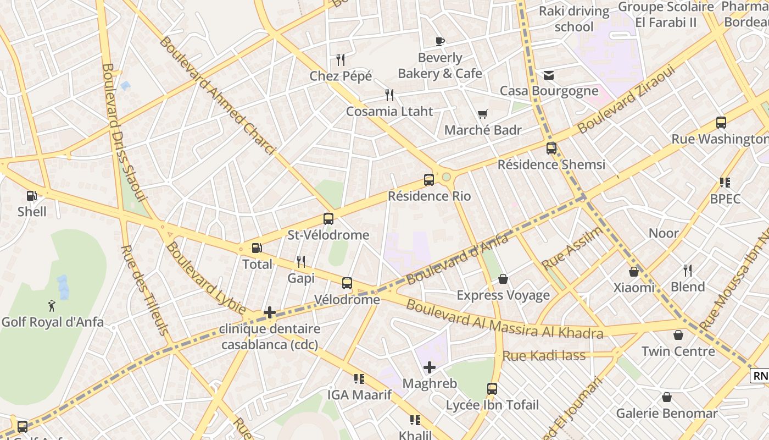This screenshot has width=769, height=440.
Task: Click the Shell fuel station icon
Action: tap(32, 196)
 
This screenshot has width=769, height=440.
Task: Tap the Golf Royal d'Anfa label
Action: tap(52, 322)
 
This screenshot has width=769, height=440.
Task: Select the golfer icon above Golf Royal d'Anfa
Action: tap(52, 306)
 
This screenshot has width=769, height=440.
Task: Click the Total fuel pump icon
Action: tap(257, 248)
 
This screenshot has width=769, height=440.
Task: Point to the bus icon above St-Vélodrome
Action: tap(328, 219)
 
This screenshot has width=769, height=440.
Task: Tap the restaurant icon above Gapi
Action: tap(301, 262)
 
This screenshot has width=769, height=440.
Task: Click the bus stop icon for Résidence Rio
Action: tap(429, 180)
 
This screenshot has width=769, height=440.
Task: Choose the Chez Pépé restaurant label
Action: tap(341, 76)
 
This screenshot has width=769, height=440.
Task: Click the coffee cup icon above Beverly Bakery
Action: tap(439, 41)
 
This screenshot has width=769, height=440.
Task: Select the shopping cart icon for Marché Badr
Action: tap(482, 114)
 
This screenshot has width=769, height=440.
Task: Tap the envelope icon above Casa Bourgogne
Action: tap(549, 75)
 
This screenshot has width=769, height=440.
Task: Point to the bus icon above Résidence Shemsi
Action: tap(551, 148)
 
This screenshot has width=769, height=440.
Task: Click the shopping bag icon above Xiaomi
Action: tap(634, 272)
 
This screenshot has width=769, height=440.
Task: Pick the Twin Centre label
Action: tap(678, 351)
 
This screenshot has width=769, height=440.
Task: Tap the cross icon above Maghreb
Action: tap(430, 367)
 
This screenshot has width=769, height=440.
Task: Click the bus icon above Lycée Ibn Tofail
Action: tap(492, 389)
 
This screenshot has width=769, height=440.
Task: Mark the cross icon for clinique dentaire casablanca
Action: tap(270, 313)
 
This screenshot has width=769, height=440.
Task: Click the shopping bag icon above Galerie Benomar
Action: tap(667, 397)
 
